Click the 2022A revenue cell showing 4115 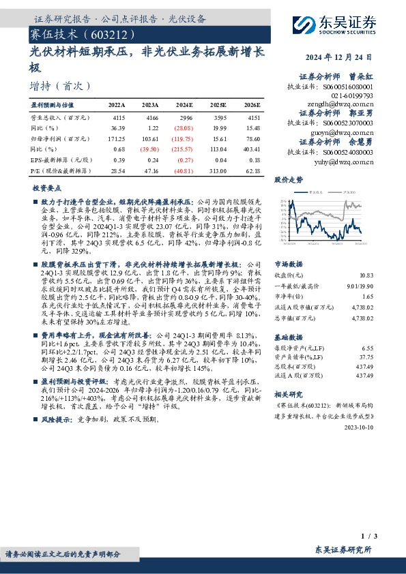point(117,117)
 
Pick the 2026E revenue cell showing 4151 point(252,117)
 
